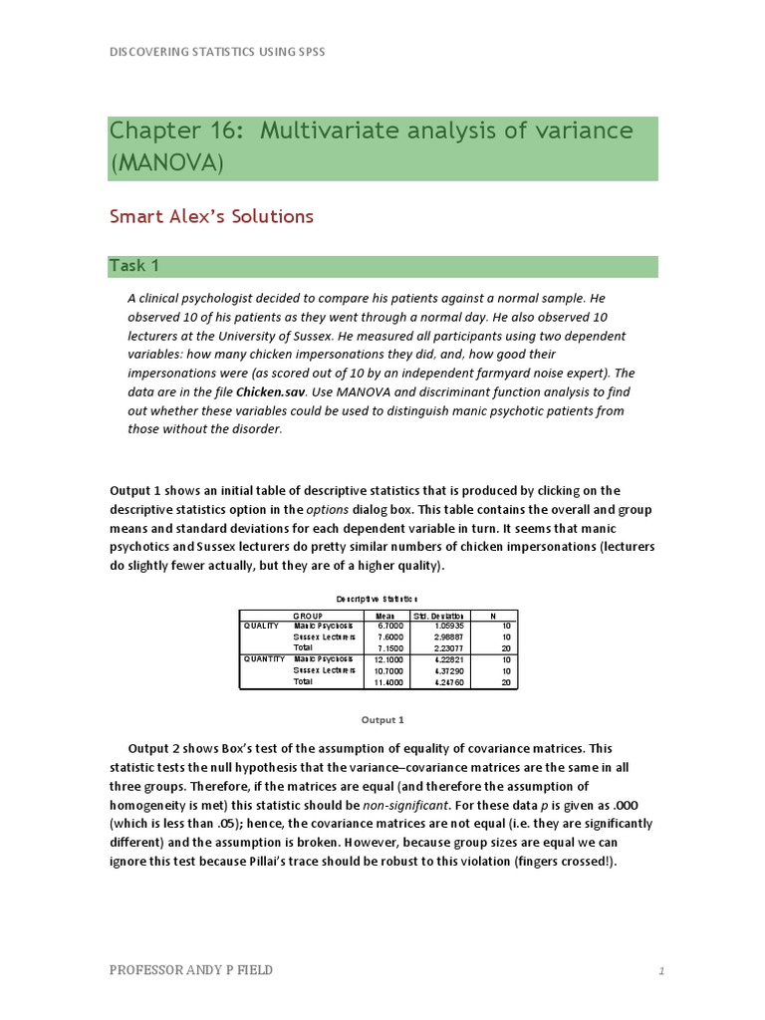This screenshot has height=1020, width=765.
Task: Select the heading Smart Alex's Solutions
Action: click(211, 216)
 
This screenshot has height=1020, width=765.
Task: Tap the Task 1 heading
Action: click(134, 265)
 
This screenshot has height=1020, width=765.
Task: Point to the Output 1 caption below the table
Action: click(382, 719)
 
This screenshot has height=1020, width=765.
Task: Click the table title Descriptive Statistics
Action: click(378, 598)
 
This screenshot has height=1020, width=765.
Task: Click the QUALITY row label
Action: click(261, 626)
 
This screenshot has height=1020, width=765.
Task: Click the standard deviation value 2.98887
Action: click(441, 637)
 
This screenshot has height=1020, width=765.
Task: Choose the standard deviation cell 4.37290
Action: click(441, 670)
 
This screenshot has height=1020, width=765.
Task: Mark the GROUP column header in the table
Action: click(308, 615)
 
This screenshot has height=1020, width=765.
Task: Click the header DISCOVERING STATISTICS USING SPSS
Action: click(217, 52)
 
